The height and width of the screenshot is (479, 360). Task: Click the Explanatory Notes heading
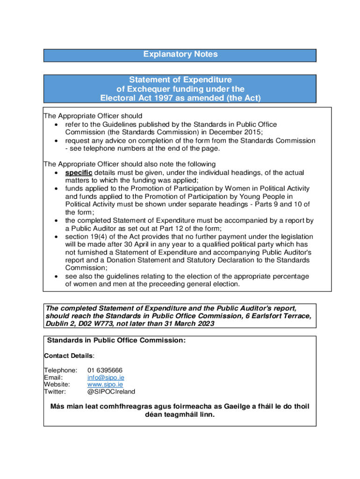click(x=180, y=55)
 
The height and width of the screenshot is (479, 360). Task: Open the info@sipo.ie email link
click(x=106, y=377)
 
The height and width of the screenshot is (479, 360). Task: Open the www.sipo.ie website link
click(x=103, y=384)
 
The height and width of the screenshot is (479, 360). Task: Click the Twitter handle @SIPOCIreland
click(x=111, y=392)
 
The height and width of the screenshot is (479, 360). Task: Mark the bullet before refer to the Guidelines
click(x=57, y=124)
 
